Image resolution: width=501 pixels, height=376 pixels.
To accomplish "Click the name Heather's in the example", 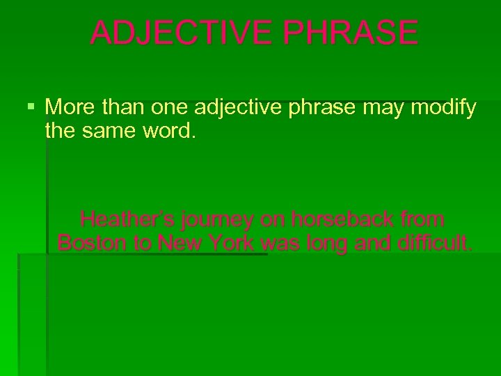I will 127,220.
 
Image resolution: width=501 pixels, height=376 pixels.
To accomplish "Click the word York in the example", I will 232,243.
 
